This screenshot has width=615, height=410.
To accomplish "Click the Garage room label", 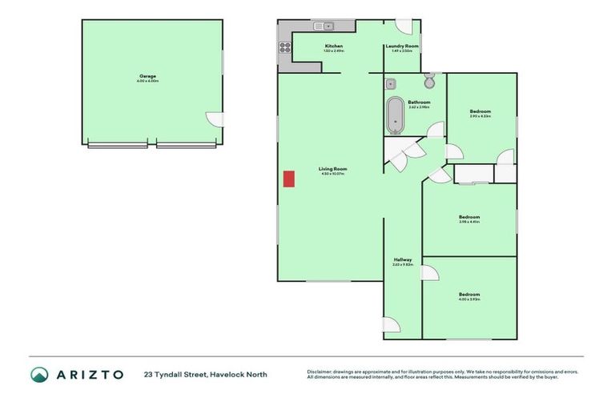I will [x=147, y=76].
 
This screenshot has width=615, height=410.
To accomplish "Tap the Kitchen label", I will [x=334, y=46].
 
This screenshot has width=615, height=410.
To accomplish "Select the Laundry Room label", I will [x=399, y=46].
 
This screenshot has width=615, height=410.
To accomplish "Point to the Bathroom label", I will [x=419, y=102].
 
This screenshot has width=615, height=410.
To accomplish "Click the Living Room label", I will [x=332, y=169].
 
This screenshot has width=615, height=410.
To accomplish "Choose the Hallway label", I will [x=402, y=259].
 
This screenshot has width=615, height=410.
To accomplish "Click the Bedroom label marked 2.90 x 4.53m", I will [x=480, y=111].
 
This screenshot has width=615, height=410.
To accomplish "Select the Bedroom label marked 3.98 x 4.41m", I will [x=469, y=217].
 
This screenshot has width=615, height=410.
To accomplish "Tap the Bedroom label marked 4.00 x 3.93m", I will [x=469, y=295].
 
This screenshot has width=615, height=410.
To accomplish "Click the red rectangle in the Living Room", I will [x=288, y=179].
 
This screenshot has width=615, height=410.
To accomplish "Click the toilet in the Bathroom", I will [x=430, y=82].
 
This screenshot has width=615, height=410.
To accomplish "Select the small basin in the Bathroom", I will [x=391, y=82].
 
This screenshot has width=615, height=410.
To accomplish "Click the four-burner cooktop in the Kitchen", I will [x=284, y=46].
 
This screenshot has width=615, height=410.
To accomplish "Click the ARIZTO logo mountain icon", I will [x=38, y=374].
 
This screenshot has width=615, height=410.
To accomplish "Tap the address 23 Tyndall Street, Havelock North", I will [x=206, y=374].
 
